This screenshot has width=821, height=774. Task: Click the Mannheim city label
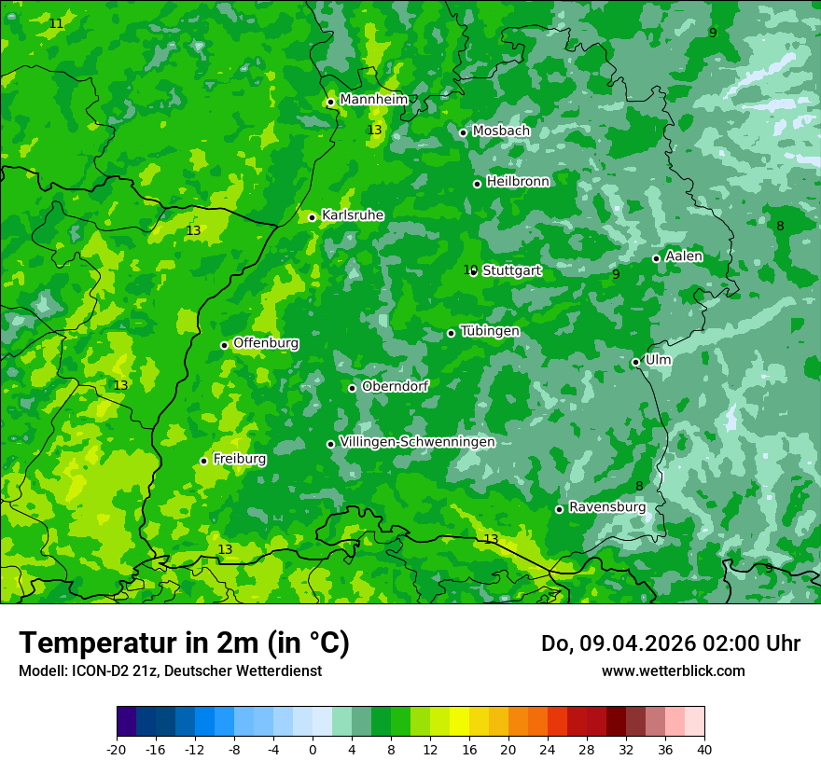pyautogui.click(x=373, y=100)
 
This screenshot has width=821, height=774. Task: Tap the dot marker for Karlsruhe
pyautogui.click(x=312, y=217)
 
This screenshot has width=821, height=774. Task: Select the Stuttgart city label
pyautogui.click(x=511, y=270)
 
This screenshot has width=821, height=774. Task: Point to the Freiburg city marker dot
pyautogui.click(x=203, y=461)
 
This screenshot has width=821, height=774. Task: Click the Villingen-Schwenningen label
pyautogui.click(x=417, y=442)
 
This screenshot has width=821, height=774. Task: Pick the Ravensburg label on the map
pyautogui.click(x=607, y=507)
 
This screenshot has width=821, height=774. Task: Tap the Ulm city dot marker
pyautogui.click(x=635, y=362)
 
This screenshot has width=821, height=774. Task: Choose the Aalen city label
pyautogui.click(x=684, y=256)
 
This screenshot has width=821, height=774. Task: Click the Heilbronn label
pyautogui.click(x=518, y=182)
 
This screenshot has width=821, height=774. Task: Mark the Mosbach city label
pyautogui.click(x=501, y=131)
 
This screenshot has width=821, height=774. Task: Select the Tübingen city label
pyautogui.click(x=490, y=331)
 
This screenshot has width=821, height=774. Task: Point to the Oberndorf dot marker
pyautogui.click(x=352, y=388)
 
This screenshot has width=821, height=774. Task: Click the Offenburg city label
pyautogui.click(x=266, y=343)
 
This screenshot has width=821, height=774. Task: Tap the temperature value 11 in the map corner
pyautogui.click(x=57, y=23)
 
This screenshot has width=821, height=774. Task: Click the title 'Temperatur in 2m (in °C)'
pyautogui.click(x=184, y=643)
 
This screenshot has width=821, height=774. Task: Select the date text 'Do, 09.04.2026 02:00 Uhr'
pyautogui.click(x=670, y=643)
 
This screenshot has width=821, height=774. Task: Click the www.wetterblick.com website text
pyautogui.click(x=673, y=670)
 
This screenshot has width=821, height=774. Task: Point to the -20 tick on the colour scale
pyautogui.click(x=117, y=749)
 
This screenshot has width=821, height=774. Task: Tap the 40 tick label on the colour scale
pyautogui.click(x=703, y=749)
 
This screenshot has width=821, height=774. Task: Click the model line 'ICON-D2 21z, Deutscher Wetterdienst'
pyautogui.click(x=170, y=670)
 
